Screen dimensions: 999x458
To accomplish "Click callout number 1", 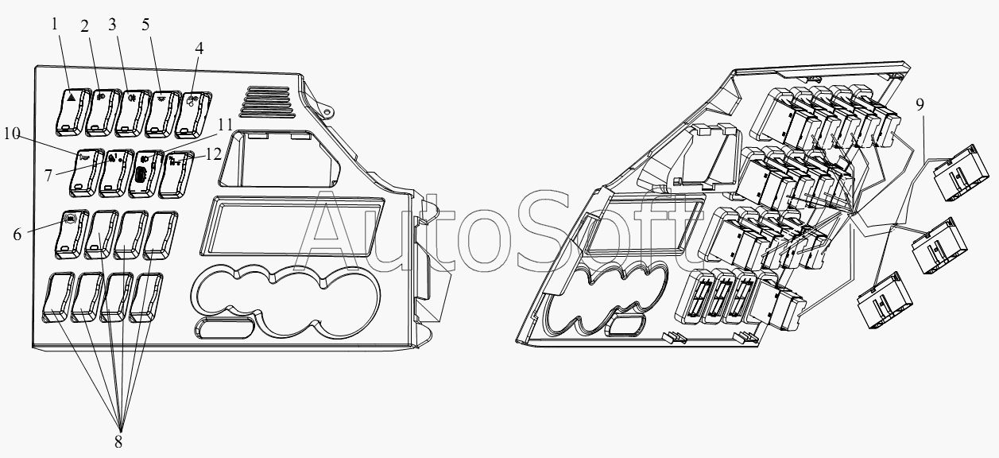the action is [x=55, y=24].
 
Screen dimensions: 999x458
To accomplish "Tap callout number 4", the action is [x=199, y=49].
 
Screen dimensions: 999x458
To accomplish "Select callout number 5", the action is [x=145, y=25].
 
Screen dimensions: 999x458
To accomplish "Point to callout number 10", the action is [x=12, y=133].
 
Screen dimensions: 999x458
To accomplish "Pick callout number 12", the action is [x=214, y=154].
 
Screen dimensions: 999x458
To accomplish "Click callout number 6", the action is [x=17, y=235].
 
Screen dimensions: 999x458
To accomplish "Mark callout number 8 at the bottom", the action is [x=118, y=442].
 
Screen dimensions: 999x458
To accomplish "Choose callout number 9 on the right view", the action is [x=920, y=104].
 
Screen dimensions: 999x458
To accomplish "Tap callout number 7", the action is [x=48, y=176].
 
